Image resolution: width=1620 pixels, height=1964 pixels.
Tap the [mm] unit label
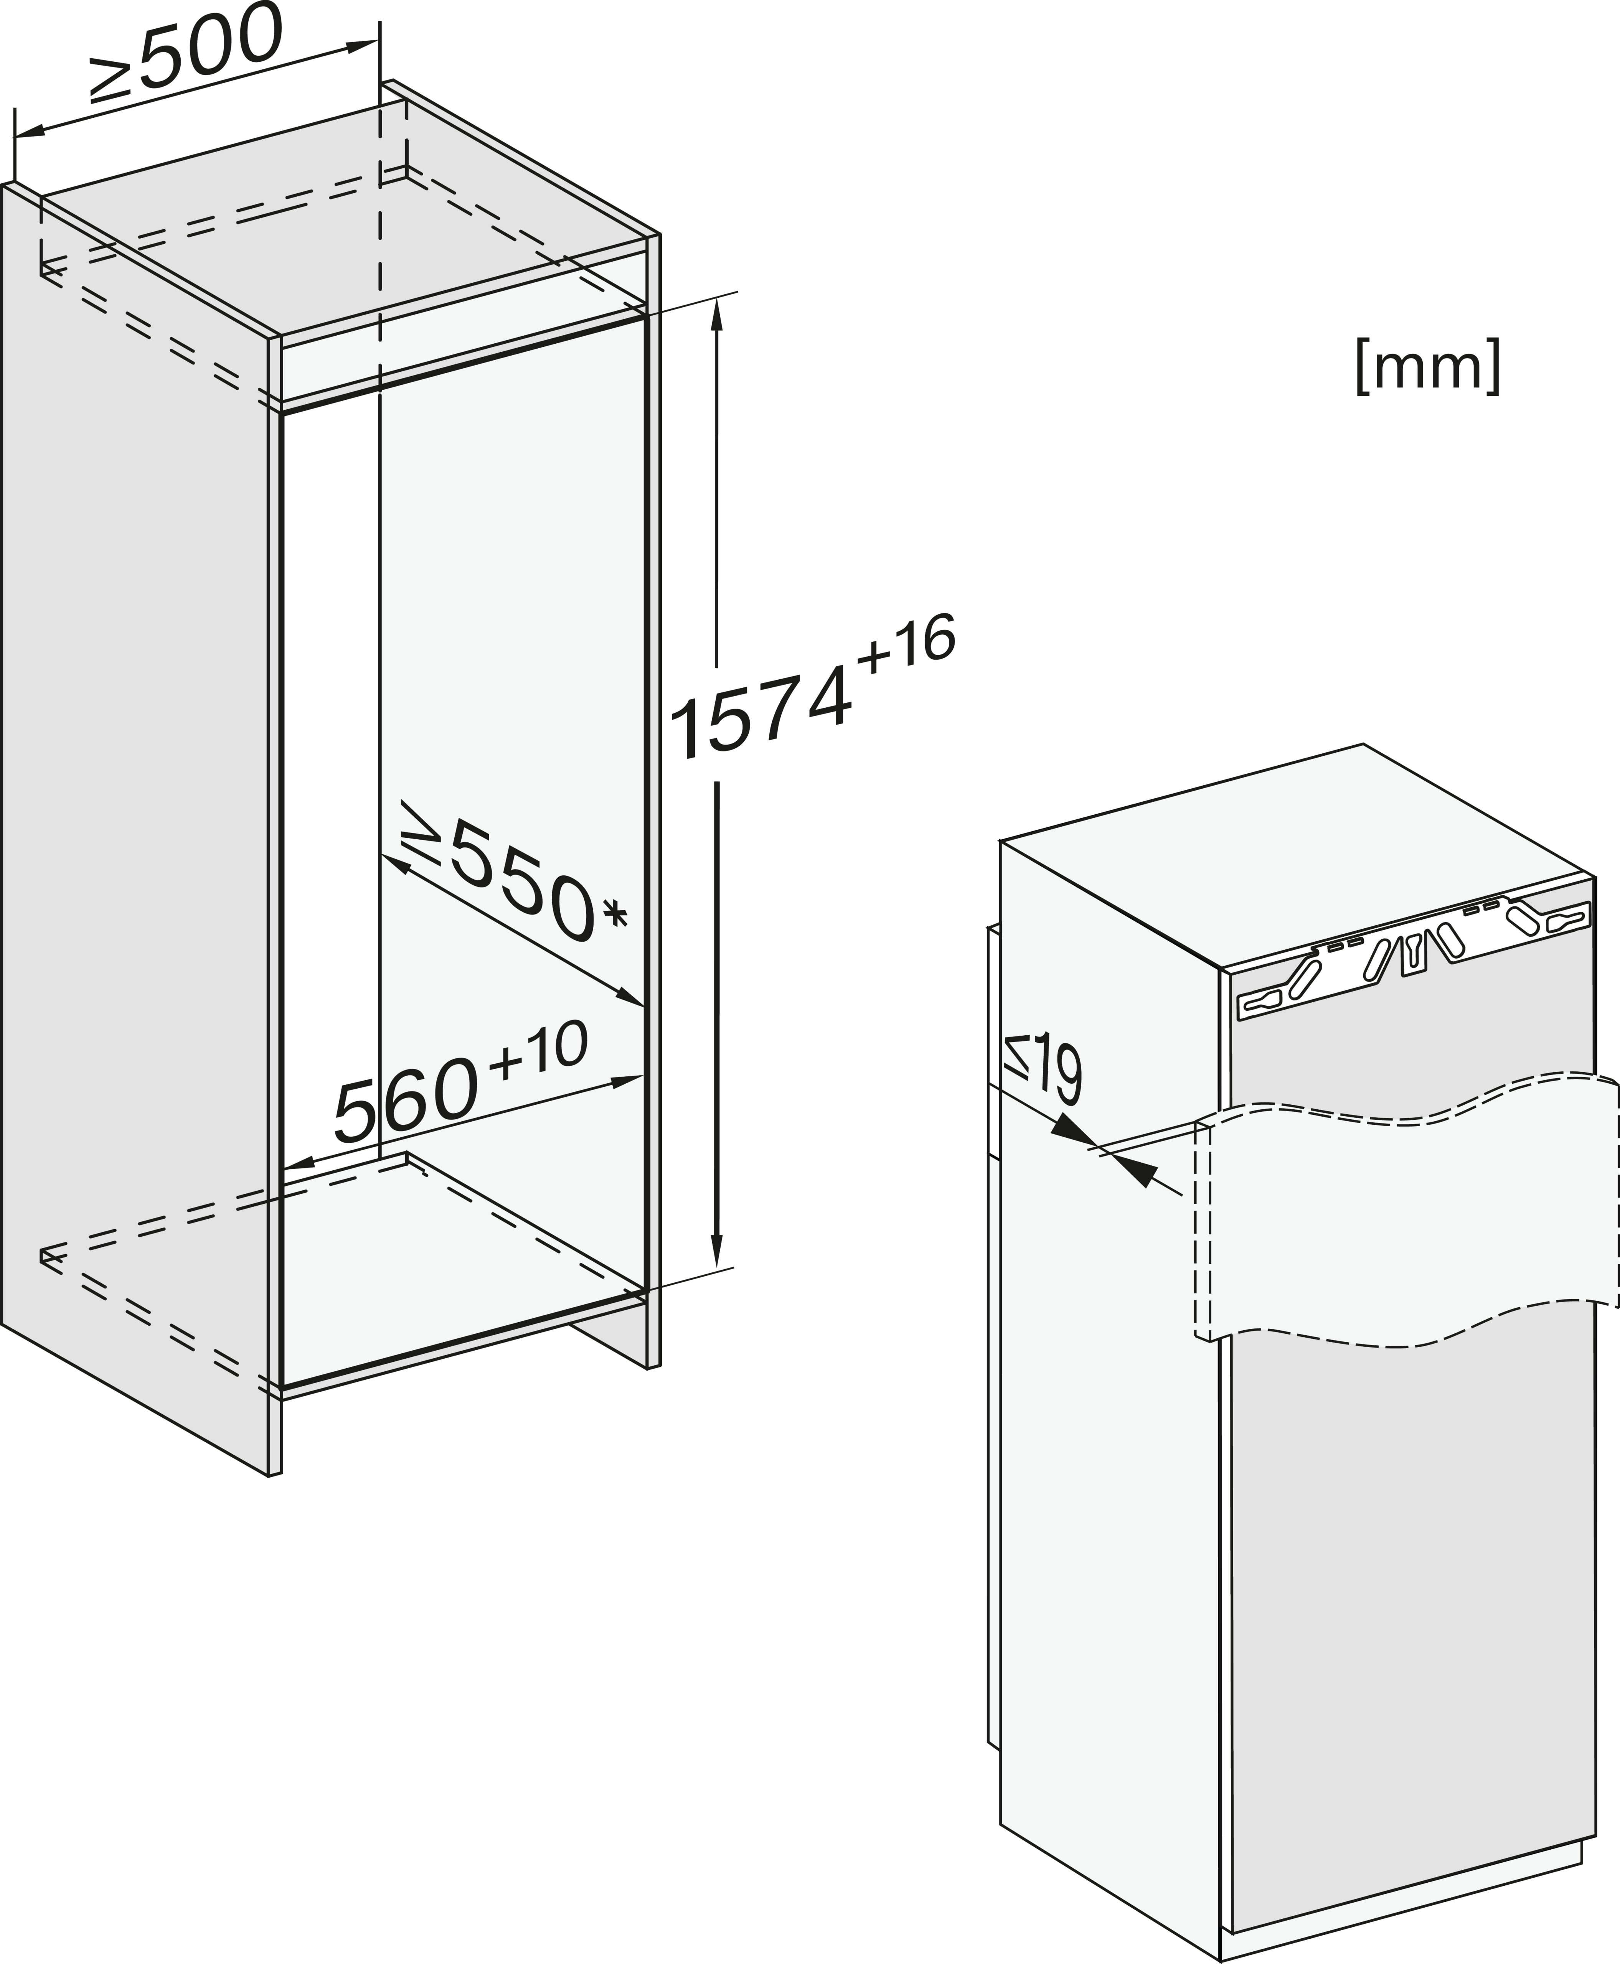(1428, 367)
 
